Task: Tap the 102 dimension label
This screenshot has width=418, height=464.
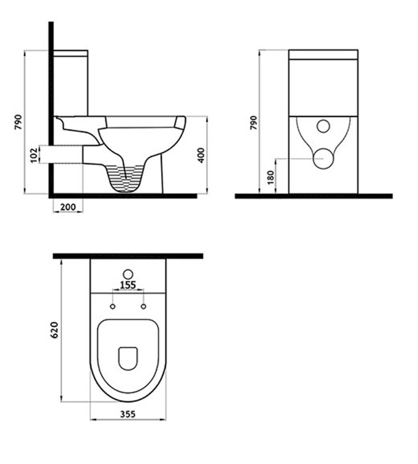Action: [x=34, y=154]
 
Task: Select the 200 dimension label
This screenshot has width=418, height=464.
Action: [x=68, y=207]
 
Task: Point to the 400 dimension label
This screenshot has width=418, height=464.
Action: [x=201, y=155]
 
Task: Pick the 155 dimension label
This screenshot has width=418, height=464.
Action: [x=128, y=285]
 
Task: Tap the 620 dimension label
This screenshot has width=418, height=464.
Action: [x=54, y=329]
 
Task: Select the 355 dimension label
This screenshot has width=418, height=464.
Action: [x=128, y=414]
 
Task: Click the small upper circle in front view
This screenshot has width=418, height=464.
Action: [x=323, y=126]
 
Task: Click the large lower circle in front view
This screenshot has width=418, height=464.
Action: [x=323, y=158]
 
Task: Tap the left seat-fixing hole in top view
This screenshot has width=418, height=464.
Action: [x=113, y=306]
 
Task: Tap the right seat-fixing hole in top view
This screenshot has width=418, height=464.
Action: [x=144, y=306]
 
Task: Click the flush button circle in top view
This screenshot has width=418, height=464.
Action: [x=128, y=274]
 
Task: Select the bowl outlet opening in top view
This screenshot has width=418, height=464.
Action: [x=128, y=358]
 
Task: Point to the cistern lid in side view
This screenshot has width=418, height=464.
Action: [x=70, y=53]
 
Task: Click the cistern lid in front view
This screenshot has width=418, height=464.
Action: [x=323, y=54]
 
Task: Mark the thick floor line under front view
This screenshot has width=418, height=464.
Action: [x=313, y=196]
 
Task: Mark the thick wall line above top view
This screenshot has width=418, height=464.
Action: [x=128, y=256]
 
